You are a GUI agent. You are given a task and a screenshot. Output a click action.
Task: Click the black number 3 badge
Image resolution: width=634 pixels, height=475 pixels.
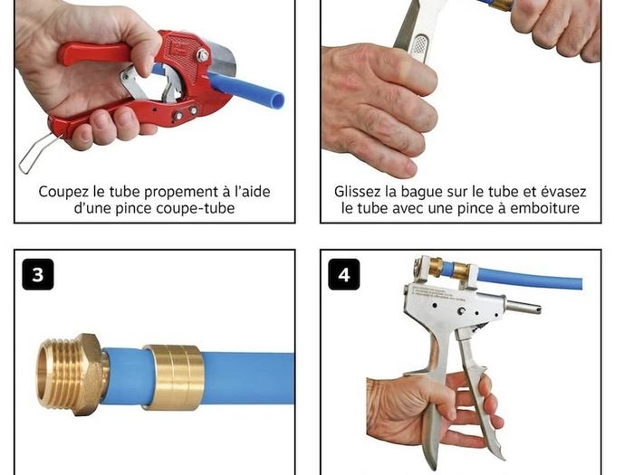[38, 274]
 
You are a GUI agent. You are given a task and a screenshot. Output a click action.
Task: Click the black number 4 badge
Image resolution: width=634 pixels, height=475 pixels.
[343, 274]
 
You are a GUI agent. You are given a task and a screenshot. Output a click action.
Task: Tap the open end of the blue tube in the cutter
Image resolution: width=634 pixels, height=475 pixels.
[277, 101]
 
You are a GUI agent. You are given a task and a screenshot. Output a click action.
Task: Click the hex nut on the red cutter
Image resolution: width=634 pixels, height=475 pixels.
[202, 54]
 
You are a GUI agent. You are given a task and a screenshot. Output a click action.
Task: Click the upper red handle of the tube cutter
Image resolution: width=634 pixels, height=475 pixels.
[94, 52]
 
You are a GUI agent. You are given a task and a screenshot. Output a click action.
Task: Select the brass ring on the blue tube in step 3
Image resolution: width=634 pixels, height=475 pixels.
[174, 377]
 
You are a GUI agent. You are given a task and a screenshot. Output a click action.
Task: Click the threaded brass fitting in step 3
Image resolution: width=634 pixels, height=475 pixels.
[72, 375]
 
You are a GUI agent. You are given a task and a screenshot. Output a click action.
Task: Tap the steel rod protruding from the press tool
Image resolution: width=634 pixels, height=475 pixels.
[523, 307]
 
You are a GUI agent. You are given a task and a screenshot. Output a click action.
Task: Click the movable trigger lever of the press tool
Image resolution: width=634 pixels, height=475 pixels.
[479, 388]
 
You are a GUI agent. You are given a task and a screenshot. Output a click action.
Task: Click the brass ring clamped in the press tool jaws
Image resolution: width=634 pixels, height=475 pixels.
[460, 271]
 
